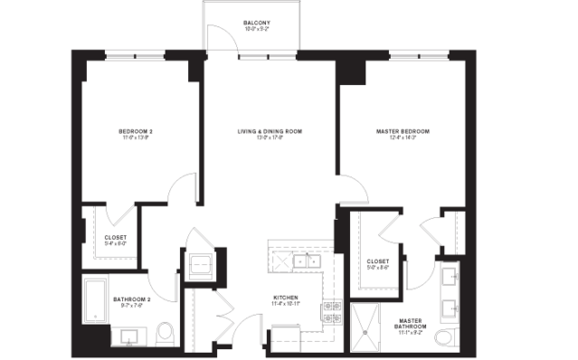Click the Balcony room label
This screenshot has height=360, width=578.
tap(257, 25)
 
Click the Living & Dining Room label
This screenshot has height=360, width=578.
tap(269, 134)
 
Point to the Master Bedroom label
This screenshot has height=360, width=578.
tap(402, 134)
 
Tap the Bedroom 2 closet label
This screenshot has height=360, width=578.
tap(113, 241)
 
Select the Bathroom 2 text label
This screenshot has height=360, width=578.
tap(131, 300)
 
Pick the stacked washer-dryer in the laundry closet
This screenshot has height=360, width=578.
tap(198, 265)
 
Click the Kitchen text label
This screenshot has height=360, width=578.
tap(287, 301)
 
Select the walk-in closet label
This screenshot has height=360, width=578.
tap(380, 264)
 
